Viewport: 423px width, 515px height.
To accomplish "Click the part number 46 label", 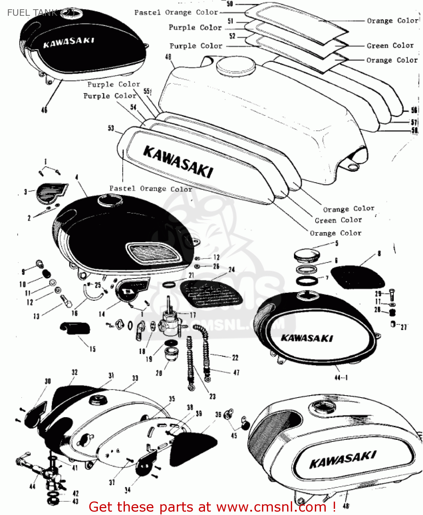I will [x=44, y=110].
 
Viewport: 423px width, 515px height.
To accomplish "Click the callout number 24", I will [x=232, y=270].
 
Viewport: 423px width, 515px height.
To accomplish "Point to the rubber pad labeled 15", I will [x=75, y=328].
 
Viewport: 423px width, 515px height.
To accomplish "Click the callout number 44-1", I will [x=341, y=378].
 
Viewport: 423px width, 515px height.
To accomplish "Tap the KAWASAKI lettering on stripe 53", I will [x=178, y=162].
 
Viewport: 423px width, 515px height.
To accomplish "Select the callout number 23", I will [x=213, y=397].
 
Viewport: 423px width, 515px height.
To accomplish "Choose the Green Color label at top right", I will [x=390, y=46].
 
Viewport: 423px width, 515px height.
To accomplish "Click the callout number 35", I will [x=172, y=399].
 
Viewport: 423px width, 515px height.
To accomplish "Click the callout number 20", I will [x=159, y=373].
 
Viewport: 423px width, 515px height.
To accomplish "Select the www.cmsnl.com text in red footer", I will [x=271, y=507].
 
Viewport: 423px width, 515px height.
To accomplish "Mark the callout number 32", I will [x=75, y=372].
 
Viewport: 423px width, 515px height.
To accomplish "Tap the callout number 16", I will [x=75, y=313].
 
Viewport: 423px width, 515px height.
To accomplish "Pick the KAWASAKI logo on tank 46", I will [x=68, y=42].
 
